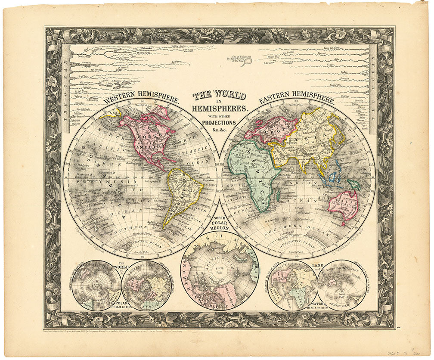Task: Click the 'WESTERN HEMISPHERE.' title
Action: pyautogui.click(x=141, y=97)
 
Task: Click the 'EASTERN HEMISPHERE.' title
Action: pyautogui.click(x=296, y=97)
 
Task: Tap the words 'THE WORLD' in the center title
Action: pyautogui.click(x=219, y=95)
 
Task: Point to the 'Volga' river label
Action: pyautogui.click(x=331, y=65)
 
